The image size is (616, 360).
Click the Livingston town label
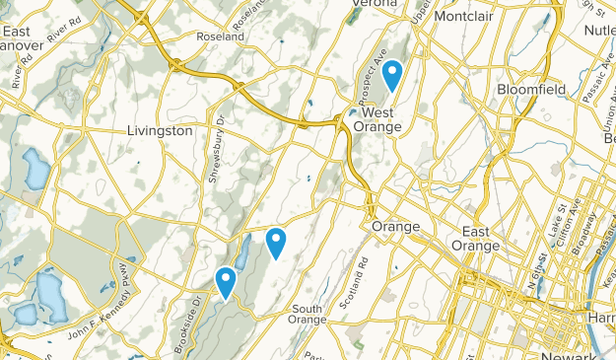point(160,131)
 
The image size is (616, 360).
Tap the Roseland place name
point(220,36)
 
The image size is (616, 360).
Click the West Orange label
point(376,119)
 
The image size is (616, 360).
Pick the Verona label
point(375,4)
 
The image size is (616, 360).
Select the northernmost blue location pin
point(392,73)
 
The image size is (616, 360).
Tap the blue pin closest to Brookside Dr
point(226,281)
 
